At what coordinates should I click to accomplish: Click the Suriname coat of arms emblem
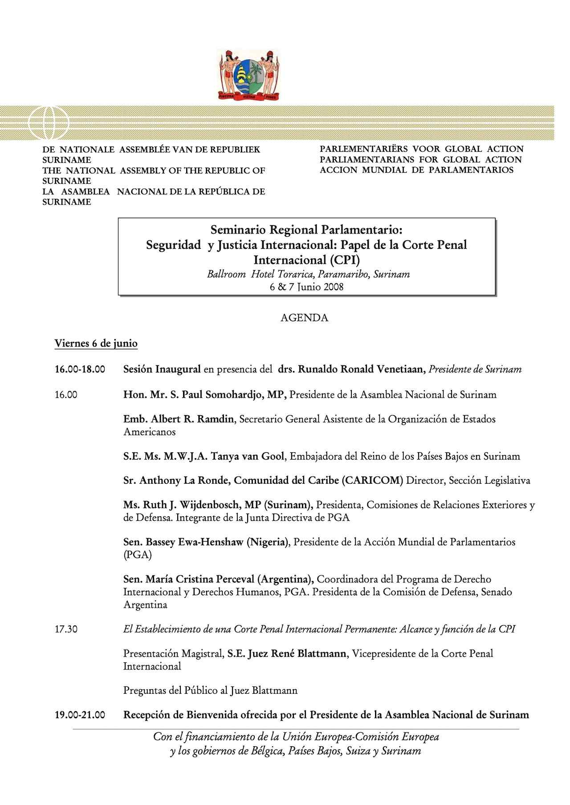click(249, 74)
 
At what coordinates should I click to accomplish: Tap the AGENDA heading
click(304, 318)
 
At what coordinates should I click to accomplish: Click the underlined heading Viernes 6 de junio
click(96, 344)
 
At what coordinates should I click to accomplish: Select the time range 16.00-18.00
click(80, 369)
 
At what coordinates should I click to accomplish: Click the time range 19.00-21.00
click(80, 715)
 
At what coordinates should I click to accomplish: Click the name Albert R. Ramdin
click(191, 419)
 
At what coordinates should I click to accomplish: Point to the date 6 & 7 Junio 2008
click(306, 287)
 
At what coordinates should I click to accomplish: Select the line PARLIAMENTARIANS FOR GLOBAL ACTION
click(420, 159)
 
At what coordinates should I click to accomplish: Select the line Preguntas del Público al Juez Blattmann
click(210, 691)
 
